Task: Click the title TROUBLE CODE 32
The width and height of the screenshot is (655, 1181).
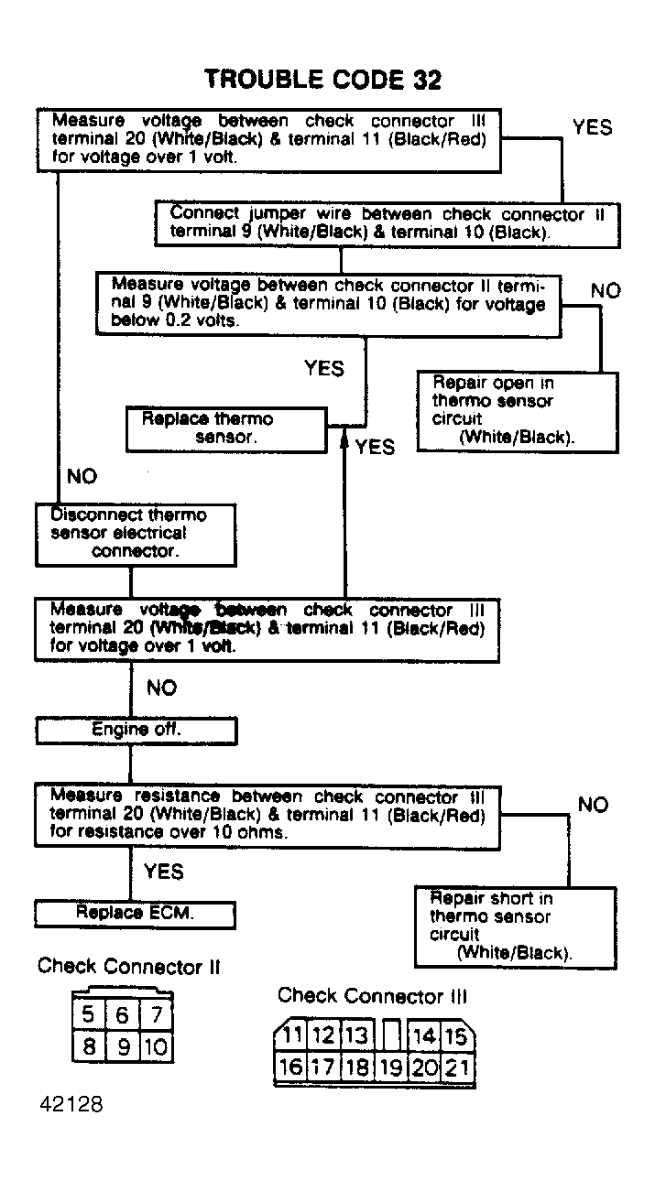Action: [322, 81]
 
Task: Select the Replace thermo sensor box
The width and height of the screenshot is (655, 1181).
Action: [225, 428]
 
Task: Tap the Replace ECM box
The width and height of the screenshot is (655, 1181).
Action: [135, 914]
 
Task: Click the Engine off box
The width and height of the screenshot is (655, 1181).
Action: [136, 731]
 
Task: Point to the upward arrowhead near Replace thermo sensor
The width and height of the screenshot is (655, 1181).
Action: [345, 441]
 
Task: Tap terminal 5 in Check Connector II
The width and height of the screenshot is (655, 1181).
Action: [89, 1014]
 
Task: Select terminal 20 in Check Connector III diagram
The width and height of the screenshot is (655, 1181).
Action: [424, 1067]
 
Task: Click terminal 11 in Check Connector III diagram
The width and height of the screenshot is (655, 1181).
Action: [292, 1036]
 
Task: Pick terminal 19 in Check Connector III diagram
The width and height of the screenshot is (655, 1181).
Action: [391, 1067]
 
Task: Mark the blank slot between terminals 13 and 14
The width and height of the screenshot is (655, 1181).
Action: [391, 1036]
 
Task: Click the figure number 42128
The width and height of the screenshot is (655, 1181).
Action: [71, 1104]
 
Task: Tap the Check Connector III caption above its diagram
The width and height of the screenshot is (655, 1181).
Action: [372, 995]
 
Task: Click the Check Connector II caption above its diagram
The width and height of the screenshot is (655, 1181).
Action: [128, 967]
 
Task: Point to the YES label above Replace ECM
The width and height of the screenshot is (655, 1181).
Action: [163, 872]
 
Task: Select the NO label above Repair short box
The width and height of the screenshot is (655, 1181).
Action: [593, 805]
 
